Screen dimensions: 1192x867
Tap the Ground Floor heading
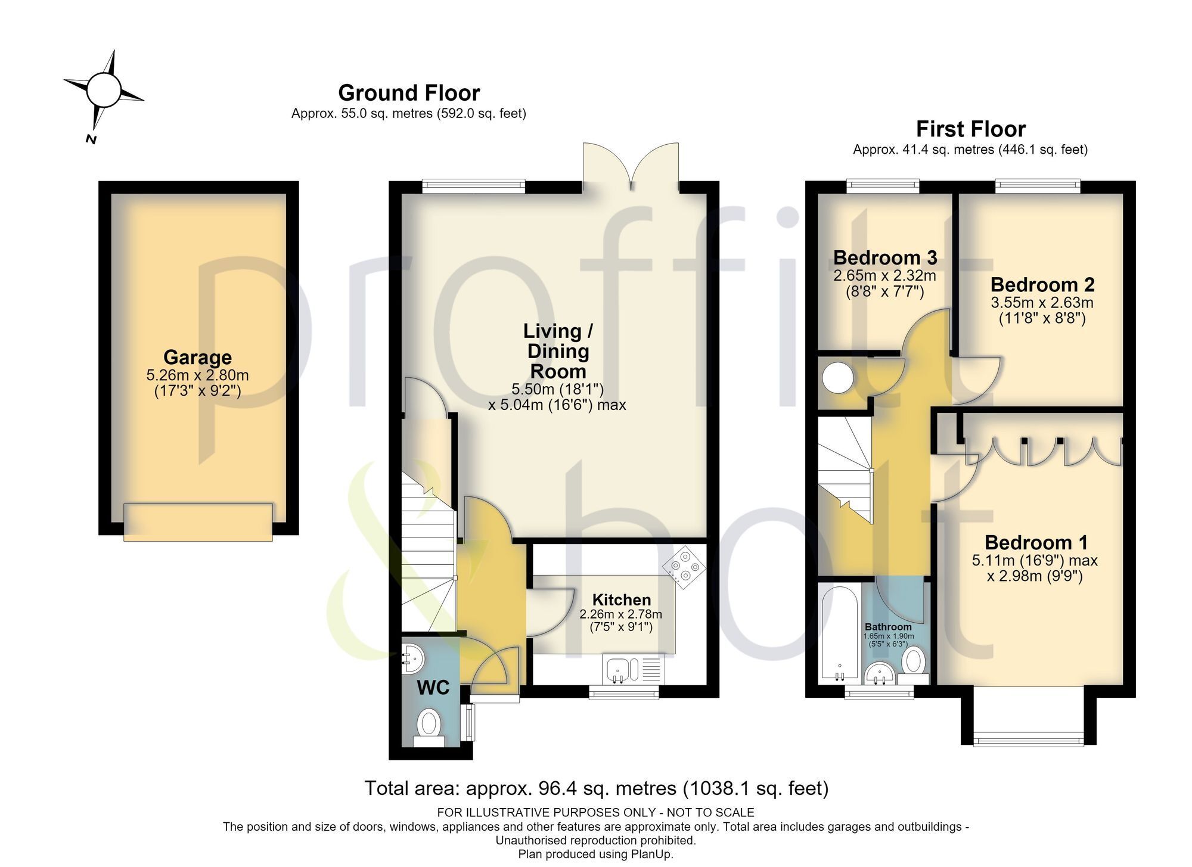[409, 93]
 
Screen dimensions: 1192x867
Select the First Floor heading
[971, 129]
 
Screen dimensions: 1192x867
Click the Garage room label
[197, 357]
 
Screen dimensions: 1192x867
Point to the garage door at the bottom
[198, 522]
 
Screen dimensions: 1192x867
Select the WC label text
[433, 688]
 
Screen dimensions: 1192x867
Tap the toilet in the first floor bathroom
[914, 666]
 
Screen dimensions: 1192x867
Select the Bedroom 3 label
[884, 257]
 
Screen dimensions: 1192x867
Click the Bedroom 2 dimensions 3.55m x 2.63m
[1042, 303]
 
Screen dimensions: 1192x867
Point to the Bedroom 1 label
[1036, 543]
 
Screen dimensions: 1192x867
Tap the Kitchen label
[621, 600]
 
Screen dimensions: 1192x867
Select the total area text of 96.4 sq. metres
[596, 788]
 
